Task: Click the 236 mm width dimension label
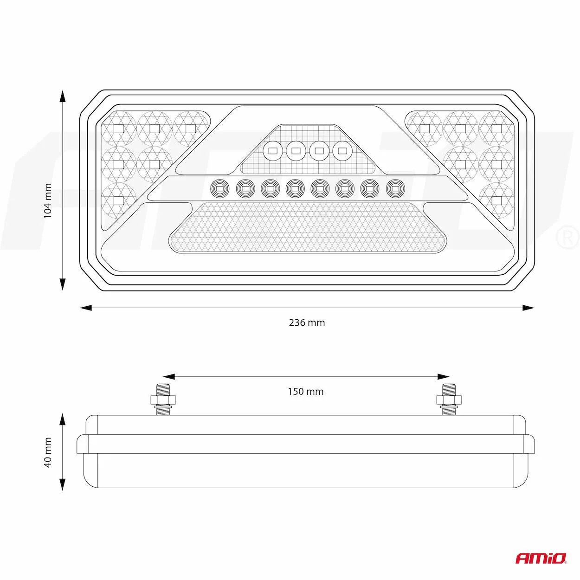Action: tap(307, 322)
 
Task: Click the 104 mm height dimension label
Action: tap(48, 201)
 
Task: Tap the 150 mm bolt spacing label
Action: tap(305, 392)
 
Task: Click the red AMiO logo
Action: tap(541, 558)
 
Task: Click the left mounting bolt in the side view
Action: tap(163, 400)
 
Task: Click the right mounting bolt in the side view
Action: tap(449, 400)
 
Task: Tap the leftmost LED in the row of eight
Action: tap(220, 189)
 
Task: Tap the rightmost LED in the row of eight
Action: tap(395, 189)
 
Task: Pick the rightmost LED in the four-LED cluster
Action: tap(342, 150)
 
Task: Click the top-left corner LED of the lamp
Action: tap(119, 129)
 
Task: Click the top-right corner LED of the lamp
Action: tap(496, 129)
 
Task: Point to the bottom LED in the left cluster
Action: tap(119, 200)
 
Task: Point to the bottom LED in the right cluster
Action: tap(496, 200)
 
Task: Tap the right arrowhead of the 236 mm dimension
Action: tap(528, 308)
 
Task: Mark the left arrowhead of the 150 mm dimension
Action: tap(169, 376)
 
